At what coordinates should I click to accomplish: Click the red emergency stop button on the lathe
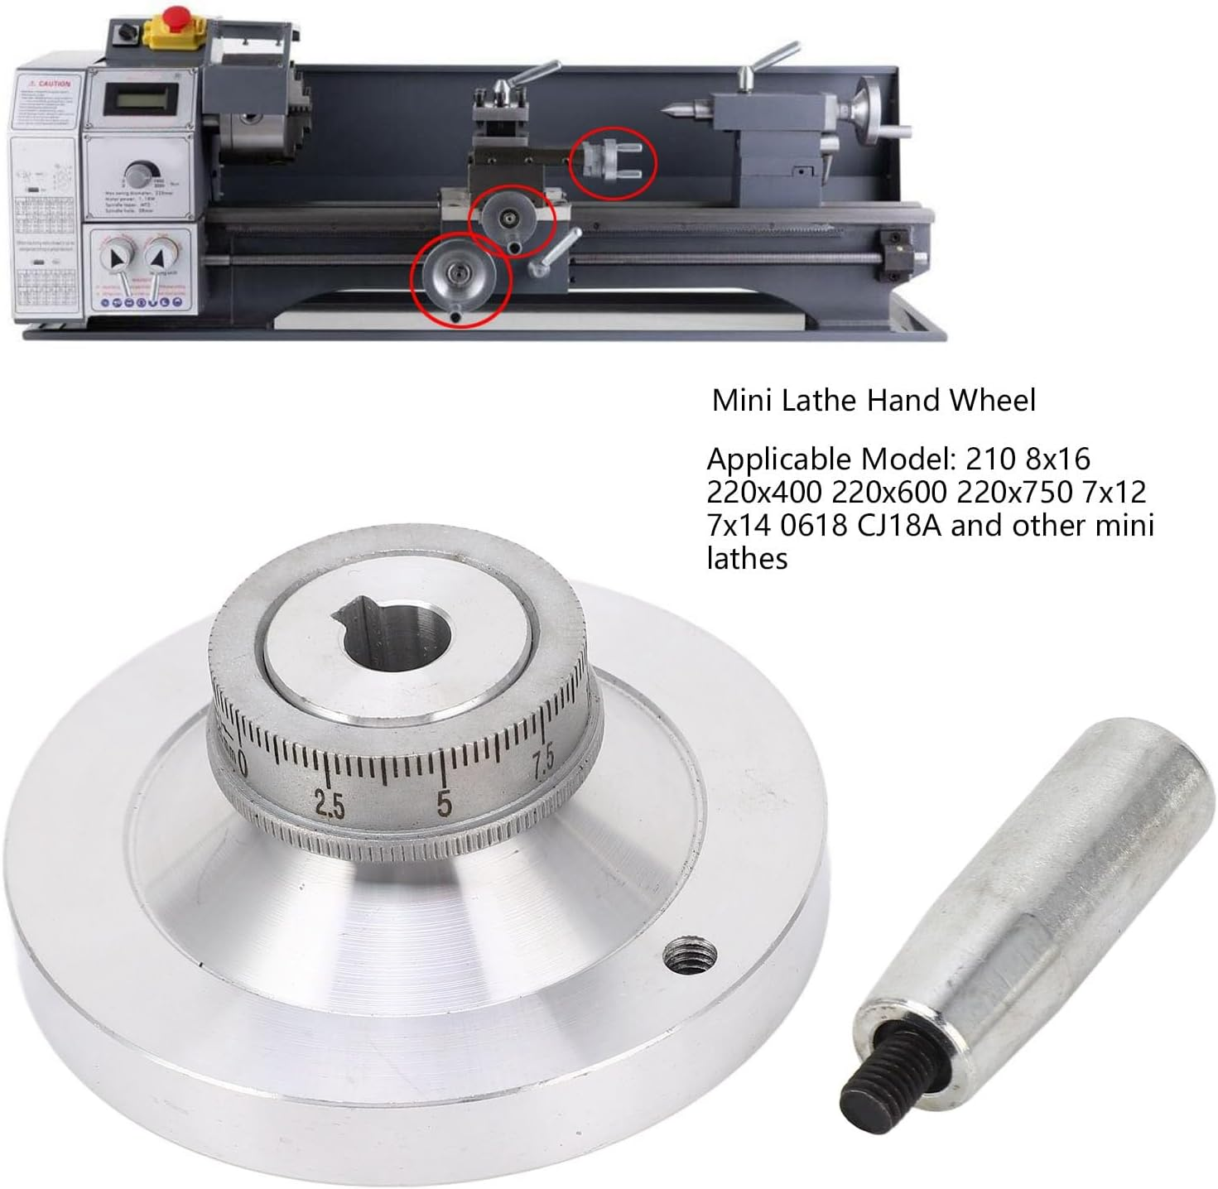[x=176, y=16]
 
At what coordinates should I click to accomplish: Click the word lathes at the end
[x=747, y=559]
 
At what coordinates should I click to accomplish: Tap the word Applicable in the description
[x=779, y=459]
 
